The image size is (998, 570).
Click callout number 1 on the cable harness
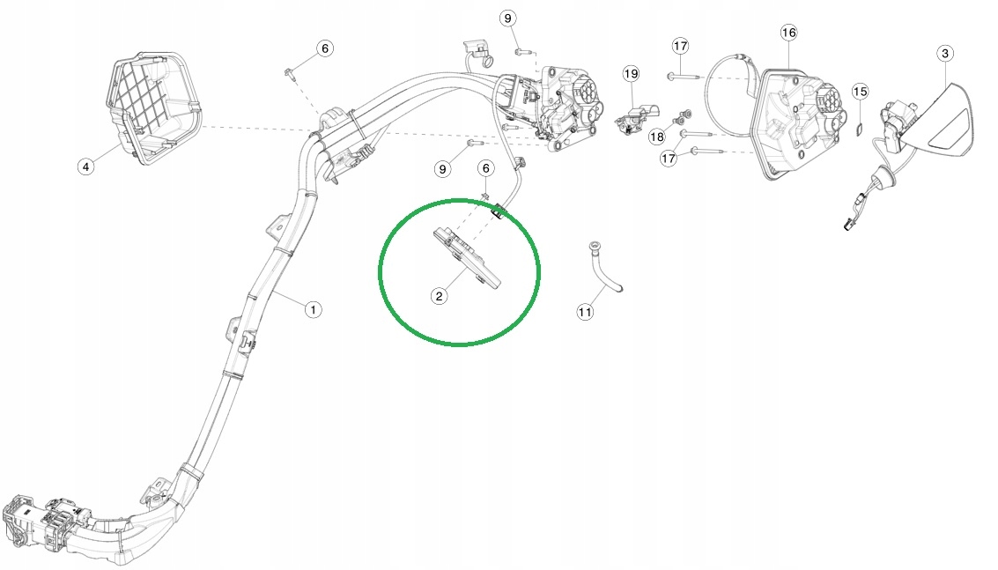(x=314, y=309)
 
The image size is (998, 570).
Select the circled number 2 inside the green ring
(x=439, y=295)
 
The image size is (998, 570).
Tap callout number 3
(x=945, y=54)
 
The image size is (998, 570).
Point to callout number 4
(x=86, y=167)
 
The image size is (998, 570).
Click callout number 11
(x=585, y=312)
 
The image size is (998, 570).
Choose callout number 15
(x=860, y=92)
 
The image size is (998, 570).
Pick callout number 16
(x=788, y=33)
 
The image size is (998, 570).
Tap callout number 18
(x=657, y=137)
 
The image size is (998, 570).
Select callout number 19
(x=631, y=74)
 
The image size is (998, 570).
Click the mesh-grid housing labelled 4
(x=152, y=108)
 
